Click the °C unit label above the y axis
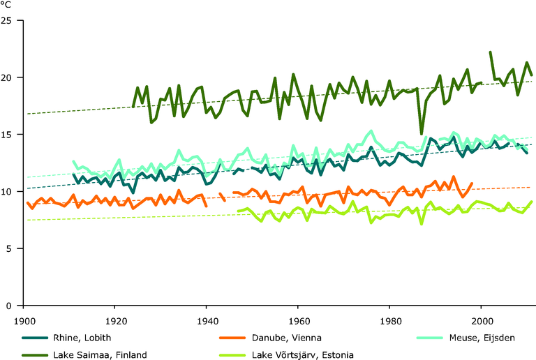(7, 4)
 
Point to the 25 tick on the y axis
(8, 20)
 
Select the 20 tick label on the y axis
(8, 77)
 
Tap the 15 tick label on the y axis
(8, 134)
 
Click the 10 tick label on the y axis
(8, 191)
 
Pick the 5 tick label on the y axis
(11, 248)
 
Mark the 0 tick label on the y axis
(11, 306)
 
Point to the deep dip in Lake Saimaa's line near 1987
(422, 133)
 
